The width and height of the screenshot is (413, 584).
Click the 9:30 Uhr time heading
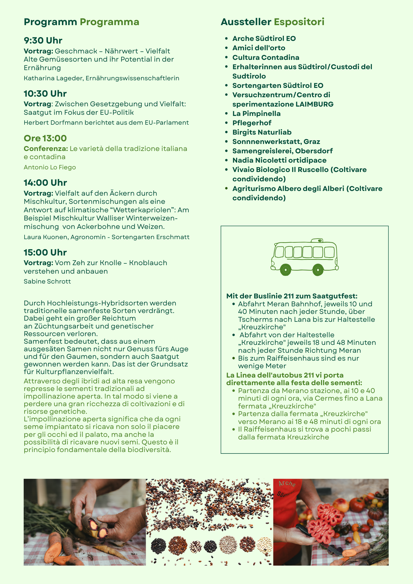[x=43, y=40]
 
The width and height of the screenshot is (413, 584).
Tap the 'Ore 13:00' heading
[x=45, y=138]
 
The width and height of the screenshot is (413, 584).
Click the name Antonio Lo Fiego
[x=50, y=167]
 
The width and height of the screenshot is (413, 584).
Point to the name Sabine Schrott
[x=47, y=281]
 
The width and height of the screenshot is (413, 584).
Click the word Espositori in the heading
[x=299, y=22]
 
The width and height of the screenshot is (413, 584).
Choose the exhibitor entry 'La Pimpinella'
[x=256, y=114]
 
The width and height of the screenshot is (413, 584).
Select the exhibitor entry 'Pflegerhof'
[x=251, y=123]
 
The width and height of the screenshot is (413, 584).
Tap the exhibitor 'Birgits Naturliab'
[x=262, y=132]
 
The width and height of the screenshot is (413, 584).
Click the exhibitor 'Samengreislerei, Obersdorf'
[x=282, y=151]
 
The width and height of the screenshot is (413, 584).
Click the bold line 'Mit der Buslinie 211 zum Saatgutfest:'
[x=292, y=296]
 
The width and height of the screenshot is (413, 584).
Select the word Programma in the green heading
[x=110, y=22]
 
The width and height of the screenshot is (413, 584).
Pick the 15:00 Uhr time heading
[x=45, y=252]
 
